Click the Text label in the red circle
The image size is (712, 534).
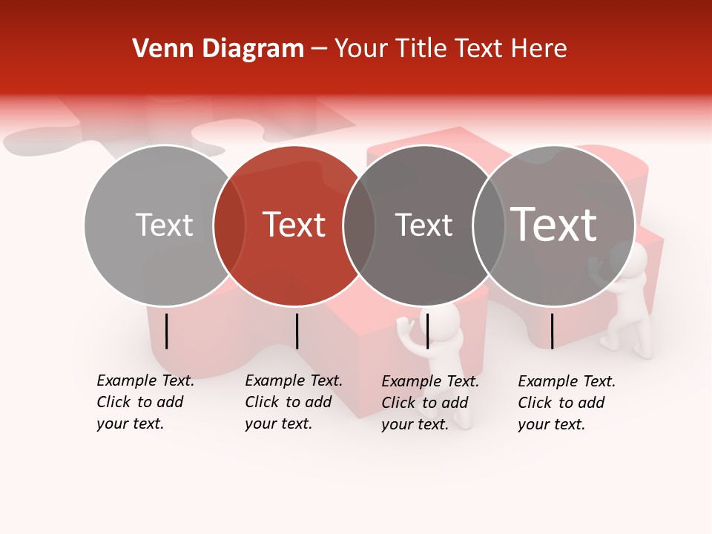(x=294, y=225)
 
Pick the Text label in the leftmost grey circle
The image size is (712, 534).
(x=164, y=225)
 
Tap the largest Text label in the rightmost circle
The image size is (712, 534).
(x=554, y=224)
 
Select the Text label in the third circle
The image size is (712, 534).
(x=423, y=225)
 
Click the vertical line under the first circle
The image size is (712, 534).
(x=166, y=331)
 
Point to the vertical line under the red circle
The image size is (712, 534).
(x=297, y=331)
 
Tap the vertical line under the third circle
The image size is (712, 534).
(x=427, y=331)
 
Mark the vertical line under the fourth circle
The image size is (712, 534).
(x=552, y=331)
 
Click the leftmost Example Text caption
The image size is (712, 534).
(x=145, y=402)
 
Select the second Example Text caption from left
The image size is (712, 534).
(x=293, y=402)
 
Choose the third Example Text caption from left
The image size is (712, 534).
(x=429, y=403)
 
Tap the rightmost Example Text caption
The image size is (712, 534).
(x=566, y=403)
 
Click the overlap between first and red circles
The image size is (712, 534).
(x=229, y=225)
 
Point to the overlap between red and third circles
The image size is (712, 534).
(x=359, y=225)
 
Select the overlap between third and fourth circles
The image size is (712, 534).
(x=489, y=225)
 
